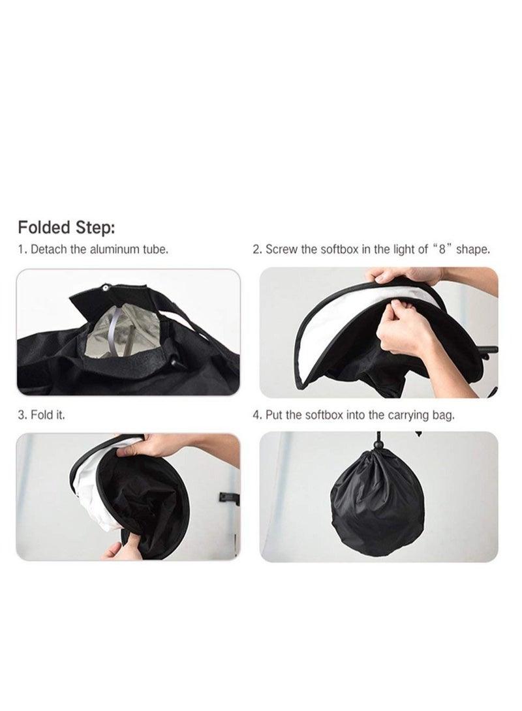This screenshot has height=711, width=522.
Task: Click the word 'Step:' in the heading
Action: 97,228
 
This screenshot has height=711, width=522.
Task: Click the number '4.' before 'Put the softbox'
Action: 258,415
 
